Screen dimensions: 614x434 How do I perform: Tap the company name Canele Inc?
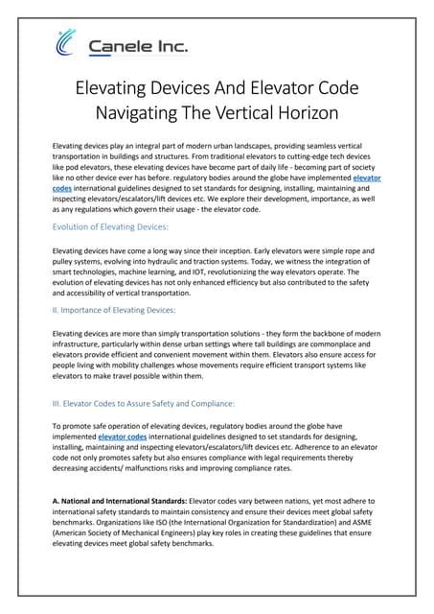pos(138,45)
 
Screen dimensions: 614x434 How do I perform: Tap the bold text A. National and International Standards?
pos(119,502)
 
